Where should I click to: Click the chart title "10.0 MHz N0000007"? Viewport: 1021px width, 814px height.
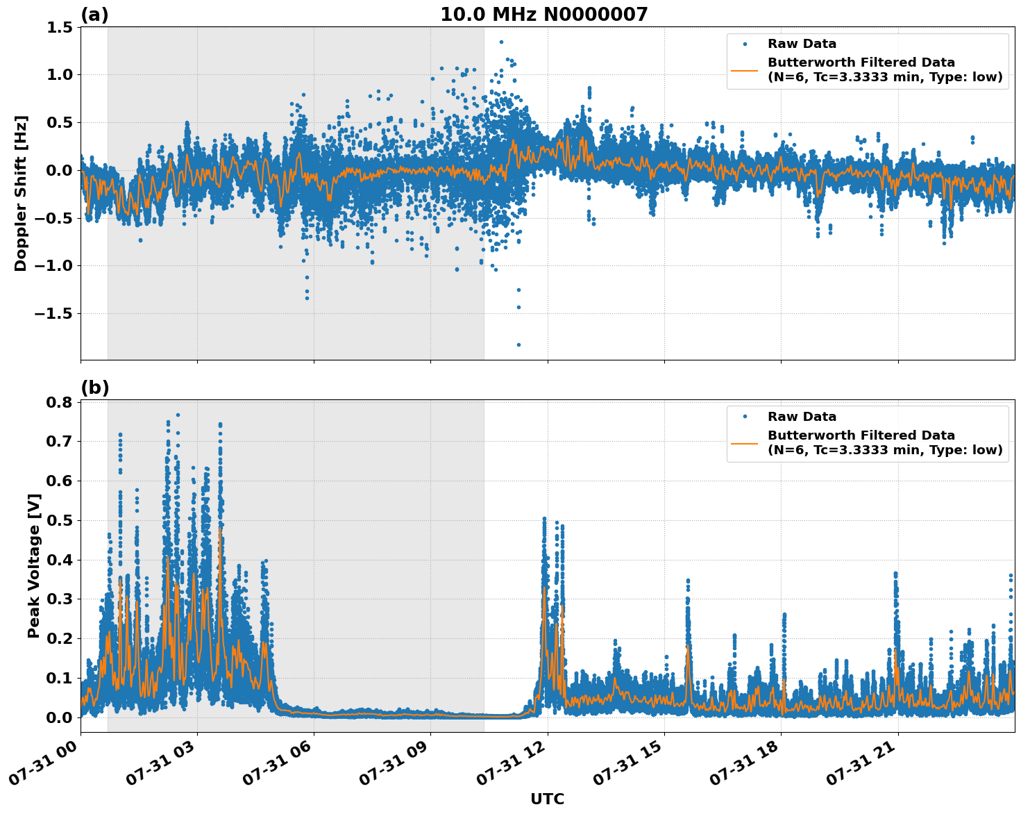tap(543, 15)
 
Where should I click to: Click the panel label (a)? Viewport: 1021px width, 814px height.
tap(94, 15)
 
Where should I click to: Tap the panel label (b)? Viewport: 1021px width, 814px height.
tap(94, 388)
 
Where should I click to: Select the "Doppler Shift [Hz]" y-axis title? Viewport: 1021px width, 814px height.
tap(21, 193)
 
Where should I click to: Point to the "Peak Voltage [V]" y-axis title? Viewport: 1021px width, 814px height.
tap(33, 565)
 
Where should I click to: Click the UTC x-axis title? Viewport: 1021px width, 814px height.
tap(547, 799)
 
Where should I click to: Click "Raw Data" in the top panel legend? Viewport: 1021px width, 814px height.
tap(802, 44)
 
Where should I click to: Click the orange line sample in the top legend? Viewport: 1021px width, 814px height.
tap(745, 69)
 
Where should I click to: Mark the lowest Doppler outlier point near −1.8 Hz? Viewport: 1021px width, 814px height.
tap(518, 344)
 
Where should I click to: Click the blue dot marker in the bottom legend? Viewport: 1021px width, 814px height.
tap(745, 417)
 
